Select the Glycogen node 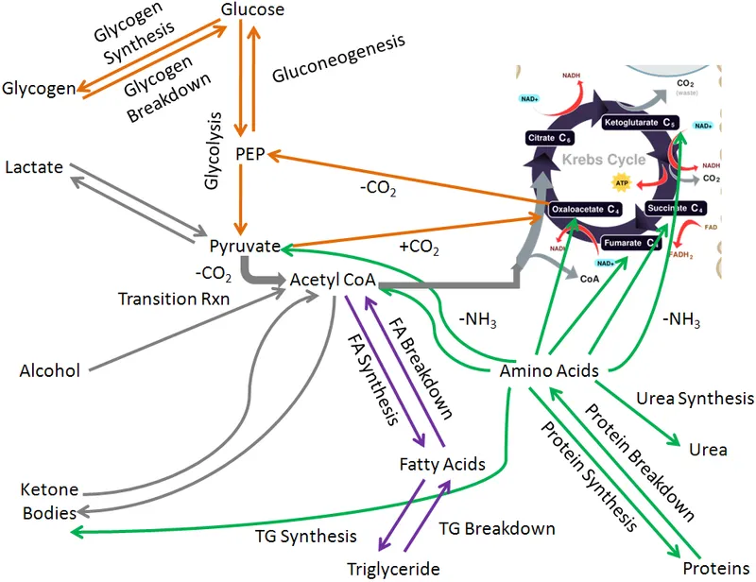(39, 89)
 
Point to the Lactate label (34, 167)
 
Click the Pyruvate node (246, 247)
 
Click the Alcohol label (50, 370)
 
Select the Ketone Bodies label (49, 501)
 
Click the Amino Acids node (548, 370)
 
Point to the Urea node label (709, 450)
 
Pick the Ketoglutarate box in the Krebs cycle (641, 123)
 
